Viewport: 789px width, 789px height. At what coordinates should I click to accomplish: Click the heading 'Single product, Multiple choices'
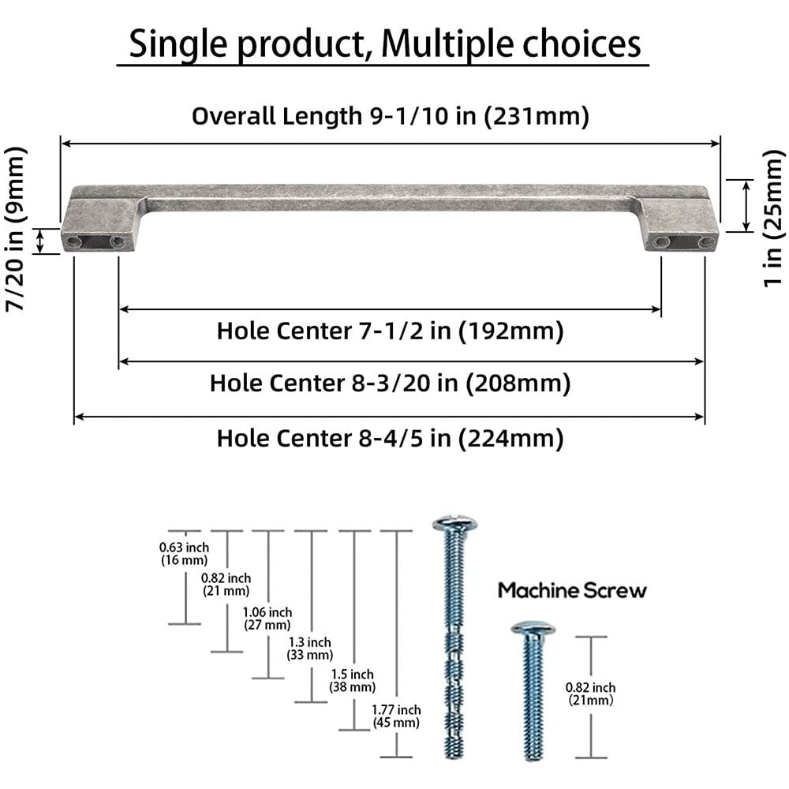(x=384, y=44)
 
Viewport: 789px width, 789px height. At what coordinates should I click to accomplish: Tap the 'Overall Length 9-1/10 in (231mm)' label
(x=391, y=117)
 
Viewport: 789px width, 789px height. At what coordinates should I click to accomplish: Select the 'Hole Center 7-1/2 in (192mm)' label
(x=391, y=331)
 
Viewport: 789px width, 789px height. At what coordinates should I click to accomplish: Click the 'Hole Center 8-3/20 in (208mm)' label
(x=390, y=383)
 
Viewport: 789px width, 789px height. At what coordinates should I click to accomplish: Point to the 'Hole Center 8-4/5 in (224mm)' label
(x=390, y=437)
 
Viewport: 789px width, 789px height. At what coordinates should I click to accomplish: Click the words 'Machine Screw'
(x=572, y=590)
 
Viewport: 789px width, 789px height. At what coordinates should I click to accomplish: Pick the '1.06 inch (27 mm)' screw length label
(x=267, y=618)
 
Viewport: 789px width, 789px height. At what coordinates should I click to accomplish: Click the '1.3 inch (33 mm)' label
(x=309, y=647)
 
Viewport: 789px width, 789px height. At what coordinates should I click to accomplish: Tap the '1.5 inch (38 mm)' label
(x=351, y=680)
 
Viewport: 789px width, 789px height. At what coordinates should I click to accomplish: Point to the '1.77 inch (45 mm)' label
(x=396, y=716)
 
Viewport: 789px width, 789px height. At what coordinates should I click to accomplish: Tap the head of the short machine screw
(x=533, y=629)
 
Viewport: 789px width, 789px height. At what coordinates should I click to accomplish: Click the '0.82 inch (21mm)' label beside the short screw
(x=590, y=694)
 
